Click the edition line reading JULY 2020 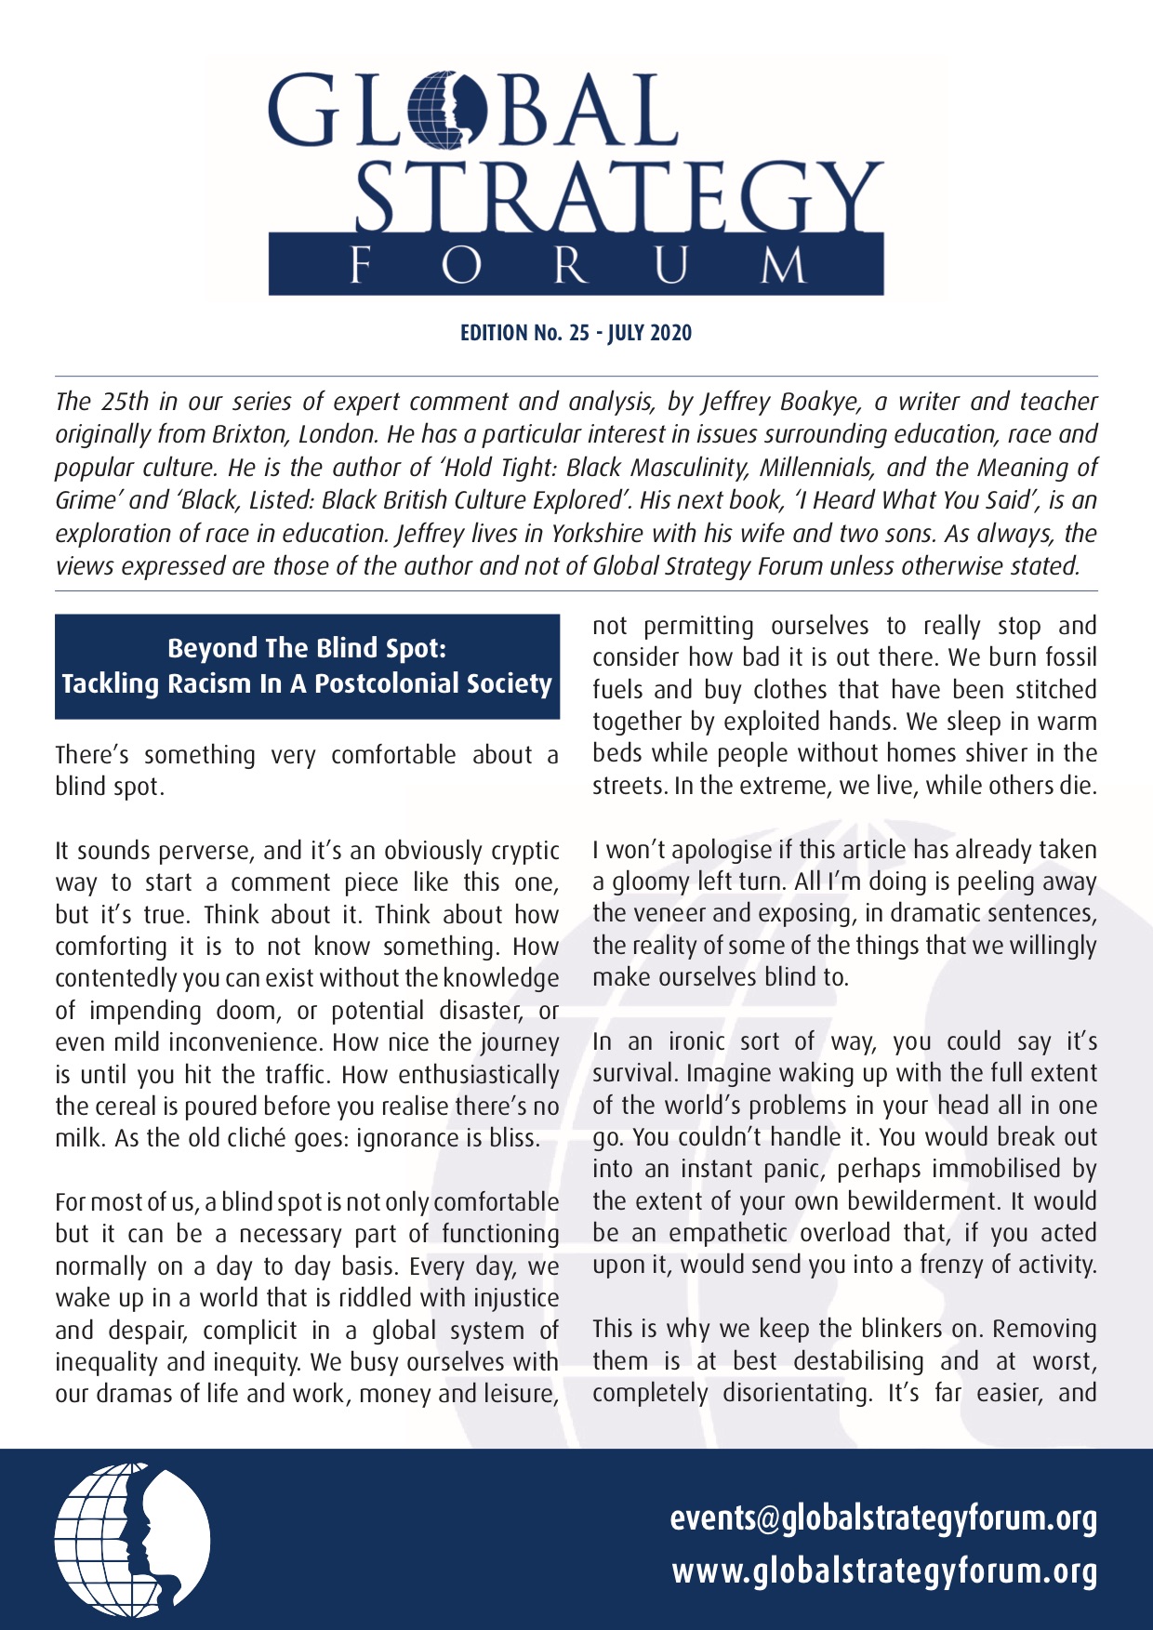coord(650,333)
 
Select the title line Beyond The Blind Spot coord(307,648)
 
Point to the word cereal coord(125,1107)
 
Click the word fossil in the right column coord(1066,657)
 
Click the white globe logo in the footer coord(132,1539)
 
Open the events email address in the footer coord(883,1517)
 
